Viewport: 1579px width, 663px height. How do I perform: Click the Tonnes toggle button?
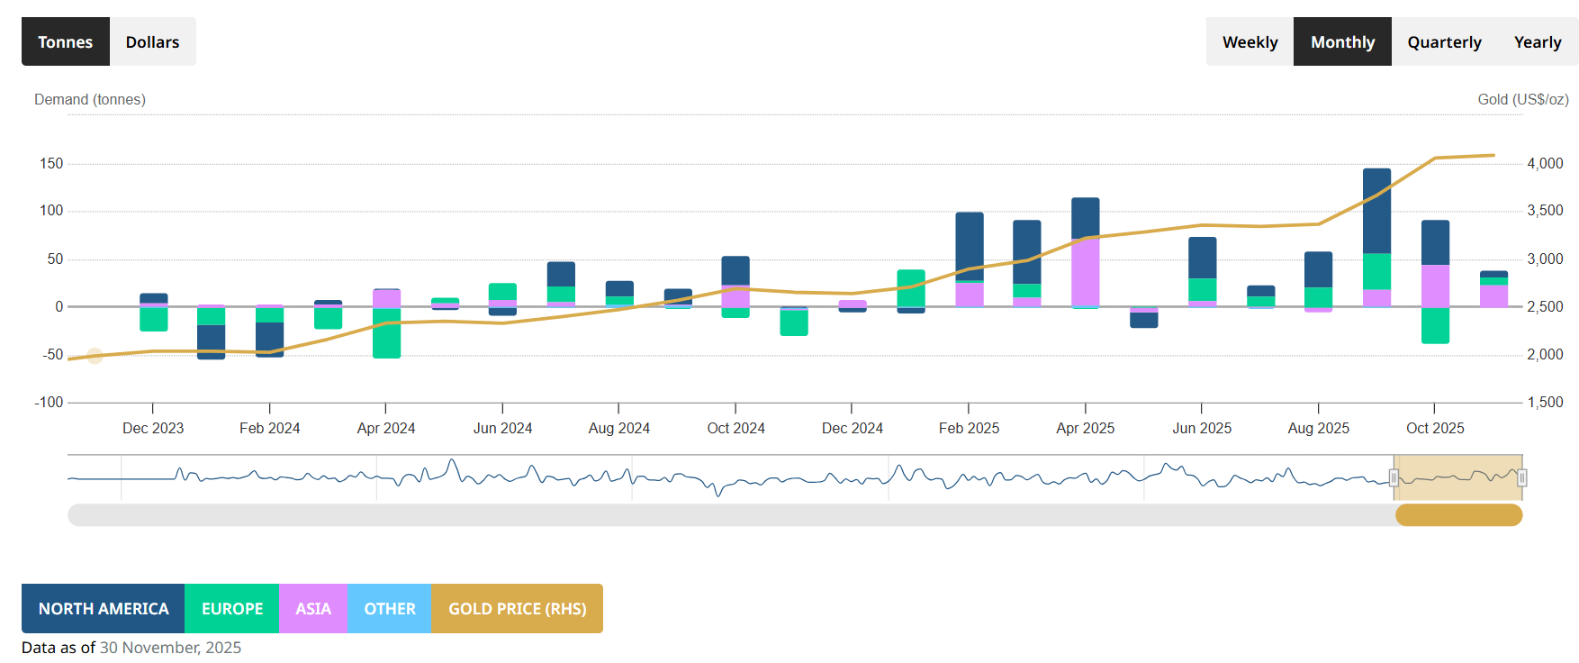(65, 41)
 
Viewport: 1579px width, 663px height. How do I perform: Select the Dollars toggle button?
(152, 41)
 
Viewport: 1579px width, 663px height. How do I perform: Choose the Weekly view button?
(1250, 41)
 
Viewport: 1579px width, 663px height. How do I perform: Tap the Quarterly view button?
(1444, 41)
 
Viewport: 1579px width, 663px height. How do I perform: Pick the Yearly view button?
(1537, 41)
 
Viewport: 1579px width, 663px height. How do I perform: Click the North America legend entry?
(104, 609)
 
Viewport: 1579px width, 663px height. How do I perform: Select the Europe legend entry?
(232, 609)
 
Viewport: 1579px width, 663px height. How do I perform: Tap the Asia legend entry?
(313, 609)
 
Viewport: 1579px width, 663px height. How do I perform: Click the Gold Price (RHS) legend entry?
(517, 609)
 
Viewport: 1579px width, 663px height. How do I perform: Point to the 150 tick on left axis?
(51, 163)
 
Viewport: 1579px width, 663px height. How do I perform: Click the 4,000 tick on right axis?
(1545, 163)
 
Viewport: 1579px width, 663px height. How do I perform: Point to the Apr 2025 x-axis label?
(1085, 428)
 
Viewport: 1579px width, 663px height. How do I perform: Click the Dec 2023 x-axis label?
(153, 428)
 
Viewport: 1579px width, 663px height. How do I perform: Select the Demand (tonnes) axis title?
(90, 99)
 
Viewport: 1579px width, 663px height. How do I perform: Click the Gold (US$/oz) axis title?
(1522, 99)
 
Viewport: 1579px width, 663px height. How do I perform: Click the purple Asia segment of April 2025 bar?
(1085, 272)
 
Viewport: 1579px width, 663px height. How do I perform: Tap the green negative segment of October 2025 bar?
(1435, 325)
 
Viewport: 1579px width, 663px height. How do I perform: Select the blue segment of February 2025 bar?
(969, 245)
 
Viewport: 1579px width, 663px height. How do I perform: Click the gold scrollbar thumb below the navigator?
(1458, 515)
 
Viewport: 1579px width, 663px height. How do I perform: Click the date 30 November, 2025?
(170, 648)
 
